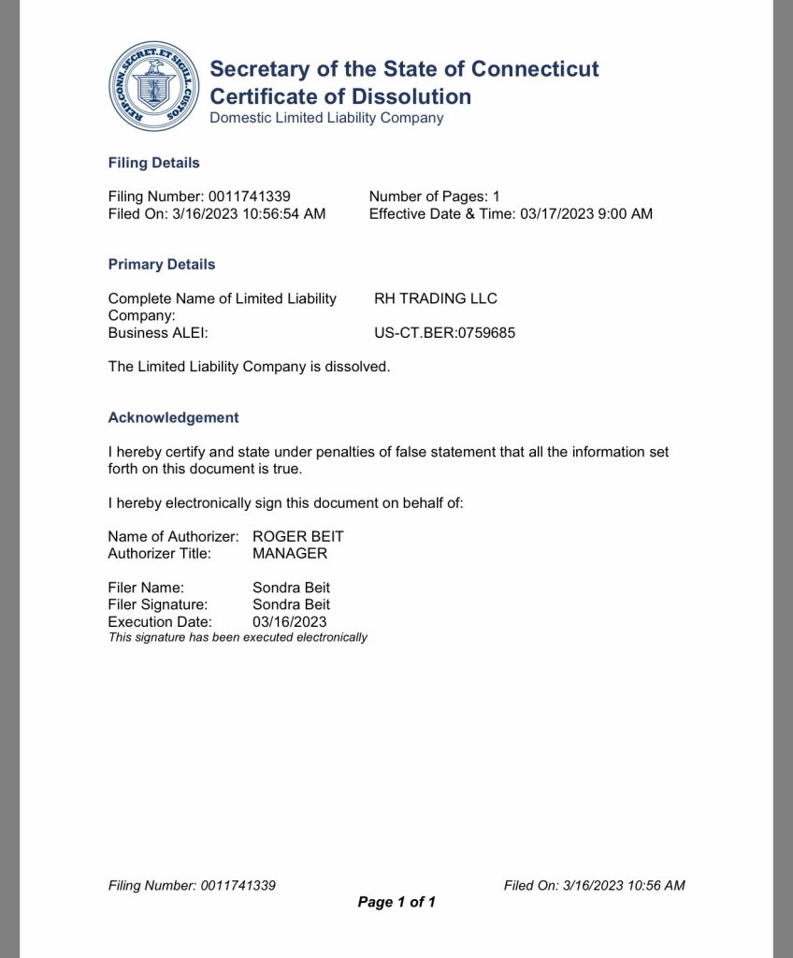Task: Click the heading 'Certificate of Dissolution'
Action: pyautogui.click(x=340, y=96)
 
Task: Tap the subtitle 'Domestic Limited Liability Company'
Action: pyautogui.click(x=326, y=118)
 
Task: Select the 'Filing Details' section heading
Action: pyautogui.click(x=154, y=163)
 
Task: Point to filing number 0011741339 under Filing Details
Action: pyautogui.click(x=247, y=196)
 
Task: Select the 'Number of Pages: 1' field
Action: pyautogui.click(x=435, y=196)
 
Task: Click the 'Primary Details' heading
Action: pyautogui.click(x=162, y=265)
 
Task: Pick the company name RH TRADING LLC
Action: pyautogui.click(x=436, y=298)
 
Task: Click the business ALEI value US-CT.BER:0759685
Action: pyautogui.click(x=444, y=333)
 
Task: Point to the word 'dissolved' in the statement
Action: pyautogui.click(x=355, y=367)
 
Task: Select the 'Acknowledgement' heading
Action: pyautogui.click(x=174, y=418)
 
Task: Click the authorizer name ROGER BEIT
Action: pyautogui.click(x=298, y=537)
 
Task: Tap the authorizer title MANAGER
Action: pyautogui.click(x=290, y=554)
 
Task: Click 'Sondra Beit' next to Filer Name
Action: pyautogui.click(x=292, y=588)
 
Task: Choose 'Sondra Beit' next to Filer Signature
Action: pyautogui.click(x=292, y=604)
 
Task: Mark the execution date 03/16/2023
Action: pyautogui.click(x=290, y=622)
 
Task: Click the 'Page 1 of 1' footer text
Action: pyautogui.click(x=396, y=902)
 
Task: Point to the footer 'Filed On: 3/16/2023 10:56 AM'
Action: pyautogui.click(x=594, y=885)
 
